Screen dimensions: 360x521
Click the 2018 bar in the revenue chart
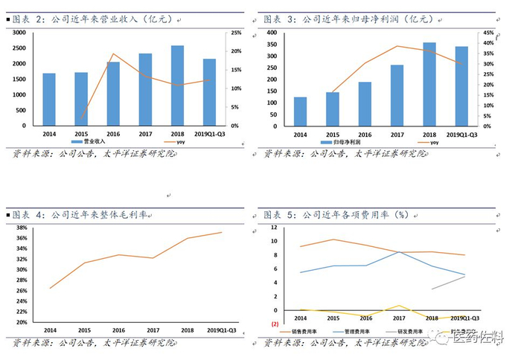pyautogui.click(x=178, y=86)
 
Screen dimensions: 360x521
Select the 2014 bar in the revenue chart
pyautogui.click(x=49, y=99)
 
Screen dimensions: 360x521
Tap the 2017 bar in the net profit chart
pyautogui.click(x=397, y=95)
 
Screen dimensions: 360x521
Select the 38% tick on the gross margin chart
pyautogui.click(x=22, y=228)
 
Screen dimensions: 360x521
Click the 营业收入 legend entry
pyautogui.click(x=92, y=141)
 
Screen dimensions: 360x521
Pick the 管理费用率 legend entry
pyautogui.click(x=362, y=332)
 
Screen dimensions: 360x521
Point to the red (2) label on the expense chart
pyautogui.click(x=275, y=324)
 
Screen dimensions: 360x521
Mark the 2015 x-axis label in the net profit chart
pyautogui.click(x=333, y=134)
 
